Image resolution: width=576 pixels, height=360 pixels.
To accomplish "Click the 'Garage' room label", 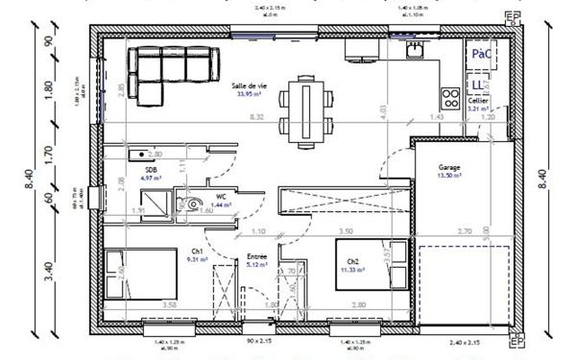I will point(449,168).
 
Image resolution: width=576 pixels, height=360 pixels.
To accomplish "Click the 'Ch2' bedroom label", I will point(352,261).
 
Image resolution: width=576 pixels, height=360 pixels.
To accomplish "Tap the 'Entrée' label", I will point(254,258).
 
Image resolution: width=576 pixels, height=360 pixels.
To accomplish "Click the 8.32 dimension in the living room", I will point(255,117).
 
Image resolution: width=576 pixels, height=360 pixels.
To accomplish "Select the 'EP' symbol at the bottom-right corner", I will point(516,341).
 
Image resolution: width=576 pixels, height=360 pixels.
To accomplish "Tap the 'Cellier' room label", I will point(478,101).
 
